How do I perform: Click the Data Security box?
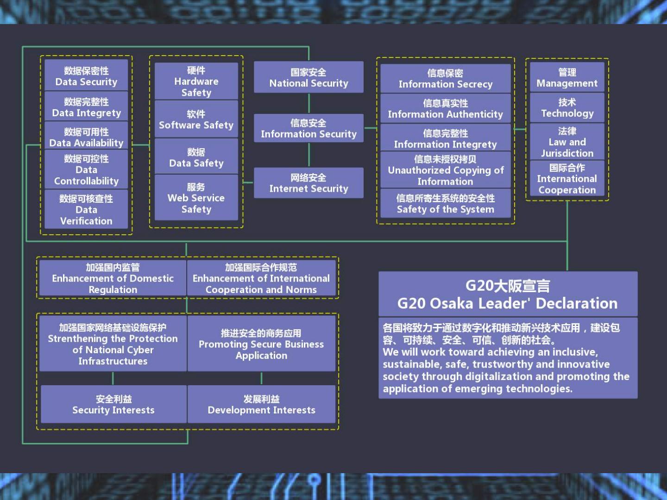tap(86, 76)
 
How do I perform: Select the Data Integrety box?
tap(86, 107)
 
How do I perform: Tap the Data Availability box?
tap(86, 137)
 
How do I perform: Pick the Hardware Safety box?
tap(196, 81)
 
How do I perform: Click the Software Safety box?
tap(196, 119)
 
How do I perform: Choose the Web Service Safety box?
tap(196, 198)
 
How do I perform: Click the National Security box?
tap(308, 77)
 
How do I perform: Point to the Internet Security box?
tap(308, 183)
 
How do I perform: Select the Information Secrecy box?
tap(445, 79)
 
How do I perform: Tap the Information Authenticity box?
tap(445, 109)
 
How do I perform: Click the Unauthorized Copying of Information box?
tap(445, 170)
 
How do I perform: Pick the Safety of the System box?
tap(445, 204)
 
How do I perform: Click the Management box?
tap(567, 77)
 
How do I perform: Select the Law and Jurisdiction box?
tap(567, 142)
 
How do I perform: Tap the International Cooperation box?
tap(567, 179)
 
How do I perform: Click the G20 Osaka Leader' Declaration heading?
tap(508, 294)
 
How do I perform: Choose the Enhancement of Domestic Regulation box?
tap(113, 278)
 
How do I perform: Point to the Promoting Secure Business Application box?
tap(261, 344)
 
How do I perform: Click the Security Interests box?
tap(113, 404)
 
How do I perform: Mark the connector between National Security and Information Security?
tap(309, 103)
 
